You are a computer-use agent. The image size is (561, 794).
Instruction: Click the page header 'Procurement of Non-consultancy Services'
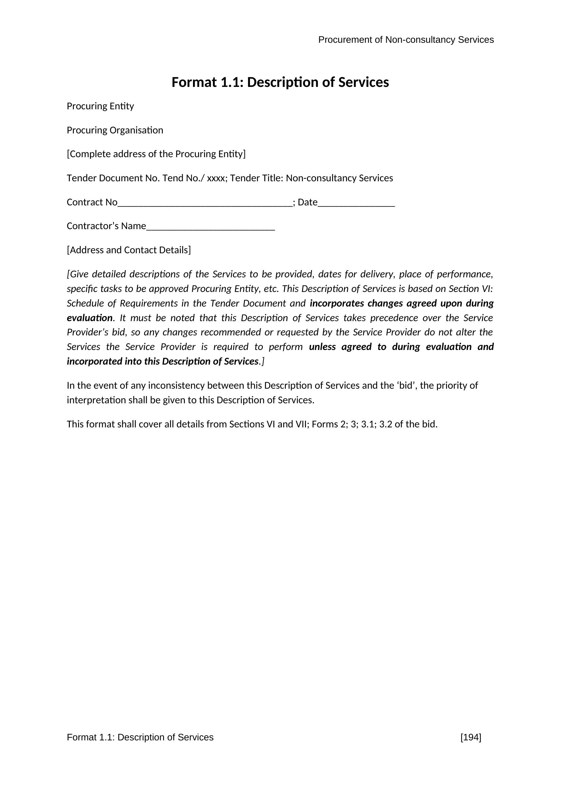pyautogui.click(x=406, y=40)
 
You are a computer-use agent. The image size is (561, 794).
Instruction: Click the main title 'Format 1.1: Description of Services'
pyautogui.click(x=280, y=82)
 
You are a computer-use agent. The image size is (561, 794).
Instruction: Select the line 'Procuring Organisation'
pyautogui.click(x=115, y=130)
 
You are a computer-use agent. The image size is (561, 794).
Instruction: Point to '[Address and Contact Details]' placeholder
pyautogui.click(x=129, y=250)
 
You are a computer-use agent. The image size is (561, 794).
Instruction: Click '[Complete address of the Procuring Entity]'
pyautogui.click(x=156, y=154)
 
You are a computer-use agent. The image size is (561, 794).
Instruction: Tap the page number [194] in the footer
pyautogui.click(x=471, y=738)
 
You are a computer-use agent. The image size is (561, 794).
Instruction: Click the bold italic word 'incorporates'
pyautogui.click(x=337, y=303)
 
